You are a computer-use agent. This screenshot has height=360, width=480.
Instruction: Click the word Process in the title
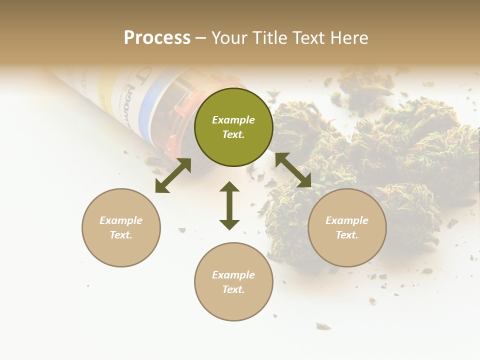[x=157, y=38]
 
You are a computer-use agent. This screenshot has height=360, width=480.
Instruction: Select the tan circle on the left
[x=121, y=227]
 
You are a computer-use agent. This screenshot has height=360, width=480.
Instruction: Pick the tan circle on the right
[x=347, y=227]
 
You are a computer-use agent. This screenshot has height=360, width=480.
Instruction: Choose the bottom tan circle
[x=233, y=282]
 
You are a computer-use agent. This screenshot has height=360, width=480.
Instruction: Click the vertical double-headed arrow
[x=229, y=205]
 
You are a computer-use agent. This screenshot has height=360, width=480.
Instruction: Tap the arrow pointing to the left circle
[x=173, y=175]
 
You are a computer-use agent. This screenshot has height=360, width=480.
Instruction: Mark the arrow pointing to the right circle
[x=293, y=170]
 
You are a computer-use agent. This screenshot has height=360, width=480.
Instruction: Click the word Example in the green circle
[x=233, y=120]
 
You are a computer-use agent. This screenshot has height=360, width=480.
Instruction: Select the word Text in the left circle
[x=121, y=235]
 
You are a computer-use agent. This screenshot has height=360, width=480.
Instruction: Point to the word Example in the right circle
[x=347, y=220]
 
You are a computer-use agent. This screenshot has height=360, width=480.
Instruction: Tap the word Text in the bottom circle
[x=233, y=289]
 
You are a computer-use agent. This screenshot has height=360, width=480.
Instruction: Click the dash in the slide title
[x=201, y=38]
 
